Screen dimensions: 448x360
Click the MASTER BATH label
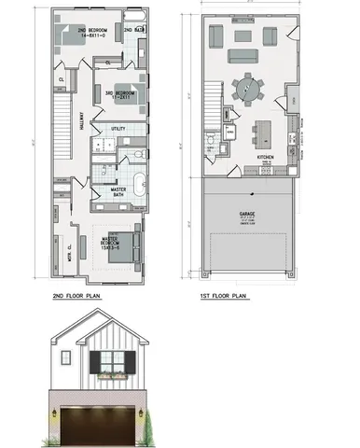[118, 192]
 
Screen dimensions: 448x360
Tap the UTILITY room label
[118, 129]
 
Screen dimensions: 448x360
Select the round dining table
[248, 89]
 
